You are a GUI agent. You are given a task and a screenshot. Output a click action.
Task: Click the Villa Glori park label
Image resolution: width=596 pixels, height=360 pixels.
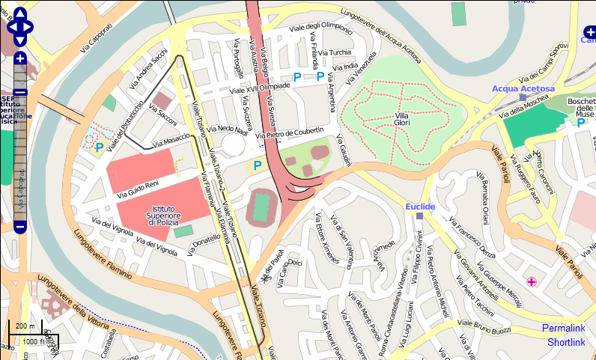(401, 119)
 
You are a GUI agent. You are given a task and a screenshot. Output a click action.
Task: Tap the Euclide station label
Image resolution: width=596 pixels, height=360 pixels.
(420, 206)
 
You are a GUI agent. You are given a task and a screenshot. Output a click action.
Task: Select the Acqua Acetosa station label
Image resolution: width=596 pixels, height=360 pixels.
(523, 88)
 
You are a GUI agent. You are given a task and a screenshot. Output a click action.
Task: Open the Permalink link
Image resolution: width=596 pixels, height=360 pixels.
(563, 329)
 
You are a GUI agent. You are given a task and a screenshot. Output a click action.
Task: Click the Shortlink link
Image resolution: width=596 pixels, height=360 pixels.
(565, 342)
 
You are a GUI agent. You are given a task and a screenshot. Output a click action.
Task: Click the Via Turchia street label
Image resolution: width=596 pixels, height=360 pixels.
(335, 53)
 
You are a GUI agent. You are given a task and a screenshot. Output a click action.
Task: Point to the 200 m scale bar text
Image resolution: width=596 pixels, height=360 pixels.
(25, 326)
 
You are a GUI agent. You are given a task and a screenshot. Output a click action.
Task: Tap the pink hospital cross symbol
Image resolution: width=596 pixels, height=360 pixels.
(532, 281)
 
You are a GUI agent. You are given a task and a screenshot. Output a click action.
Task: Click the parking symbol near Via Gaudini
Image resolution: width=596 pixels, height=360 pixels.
(258, 165)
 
